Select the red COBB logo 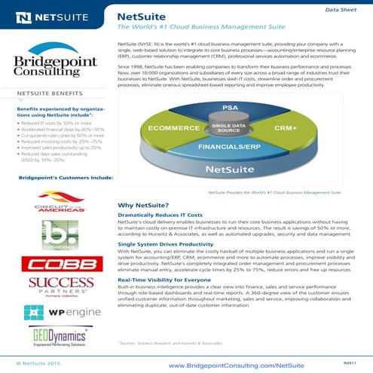pos(57,264)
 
